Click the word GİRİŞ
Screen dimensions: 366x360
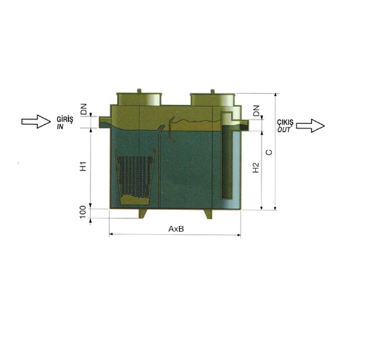point(65,120)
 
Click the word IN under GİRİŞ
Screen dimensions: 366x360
point(60,127)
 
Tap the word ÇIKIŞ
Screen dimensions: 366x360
point(285,123)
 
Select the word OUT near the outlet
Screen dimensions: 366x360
point(284,130)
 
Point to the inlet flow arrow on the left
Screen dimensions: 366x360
point(36,122)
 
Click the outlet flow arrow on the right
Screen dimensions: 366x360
point(310,126)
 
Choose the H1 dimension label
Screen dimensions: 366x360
point(83,166)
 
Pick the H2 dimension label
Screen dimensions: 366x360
point(256,168)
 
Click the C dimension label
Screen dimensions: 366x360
point(269,152)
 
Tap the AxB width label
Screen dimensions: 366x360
point(176,229)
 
